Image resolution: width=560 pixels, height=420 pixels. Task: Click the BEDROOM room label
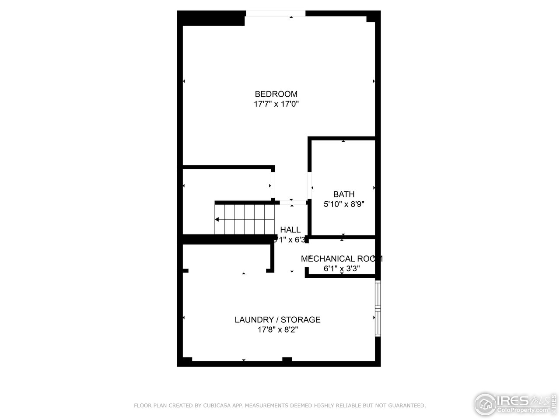(x=276, y=94)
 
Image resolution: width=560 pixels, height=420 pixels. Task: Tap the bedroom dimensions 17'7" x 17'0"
(x=276, y=104)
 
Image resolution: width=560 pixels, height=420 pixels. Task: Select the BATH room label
(x=344, y=194)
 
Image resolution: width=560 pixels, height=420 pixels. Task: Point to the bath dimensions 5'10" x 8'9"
(x=344, y=204)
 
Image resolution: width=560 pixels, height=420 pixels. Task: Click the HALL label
(x=290, y=230)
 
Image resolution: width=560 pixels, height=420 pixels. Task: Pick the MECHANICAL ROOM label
(x=342, y=259)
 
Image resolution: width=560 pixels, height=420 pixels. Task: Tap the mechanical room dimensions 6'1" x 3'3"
(x=342, y=269)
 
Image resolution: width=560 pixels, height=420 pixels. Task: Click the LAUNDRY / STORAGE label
(x=277, y=320)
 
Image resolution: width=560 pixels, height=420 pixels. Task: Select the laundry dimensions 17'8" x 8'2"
(x=277, y=330)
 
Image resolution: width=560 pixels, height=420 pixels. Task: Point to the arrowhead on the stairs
(x=217, y=219)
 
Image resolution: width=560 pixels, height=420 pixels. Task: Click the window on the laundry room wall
(x=378, y=308)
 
